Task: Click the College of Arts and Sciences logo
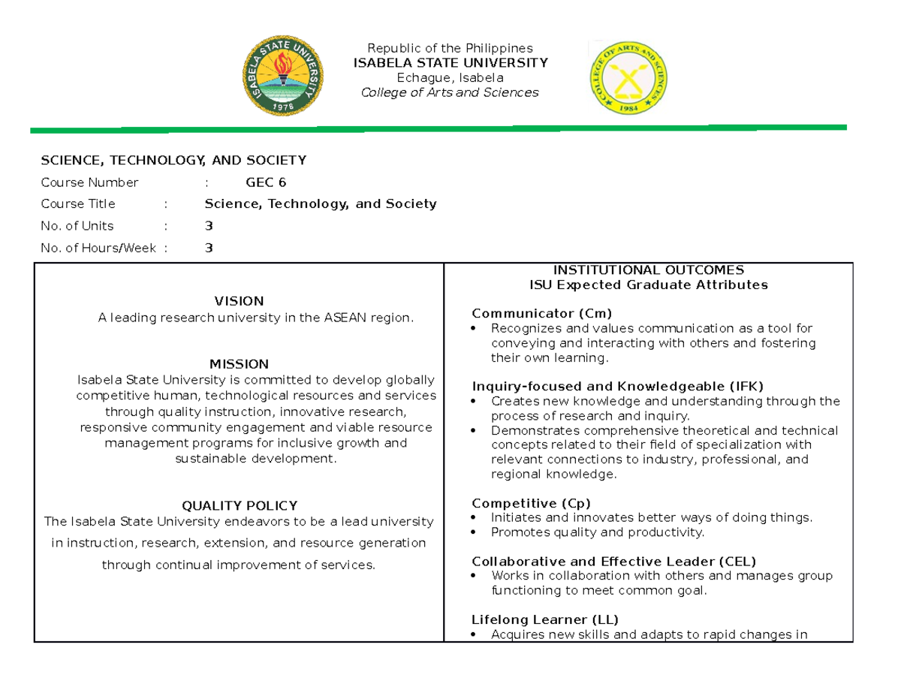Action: [x=628, y=78]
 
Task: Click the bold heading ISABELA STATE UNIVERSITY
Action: [x=450, y=62]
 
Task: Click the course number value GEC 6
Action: [x=266, y=182]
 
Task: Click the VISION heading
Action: [x=239, y=301]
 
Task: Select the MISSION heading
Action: [x=239, y=363]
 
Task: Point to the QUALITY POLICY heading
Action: [x=239, y=505]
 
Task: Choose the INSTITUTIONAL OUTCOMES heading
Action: [x=648, y=270]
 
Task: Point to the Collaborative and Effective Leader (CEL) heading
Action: [x=613, y=561]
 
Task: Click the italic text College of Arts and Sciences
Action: [x=450, y=92]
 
